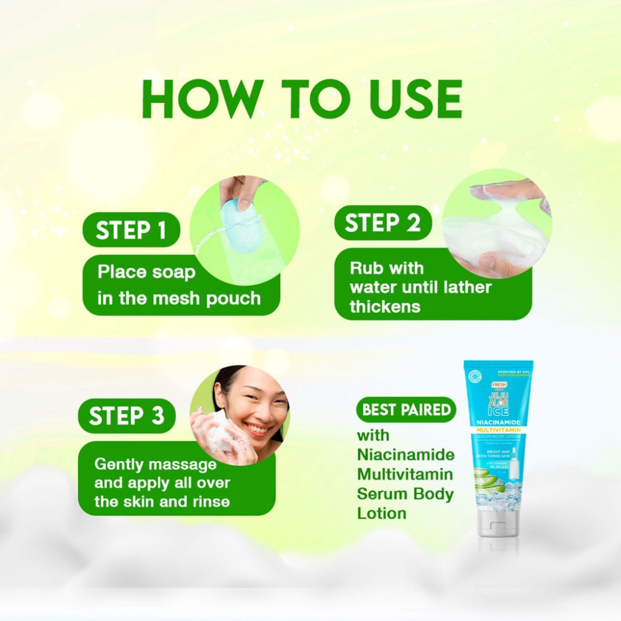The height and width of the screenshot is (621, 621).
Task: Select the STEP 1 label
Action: [131, 230]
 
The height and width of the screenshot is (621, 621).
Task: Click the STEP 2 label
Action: [383, 223]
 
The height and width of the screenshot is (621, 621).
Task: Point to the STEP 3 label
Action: [127, 416]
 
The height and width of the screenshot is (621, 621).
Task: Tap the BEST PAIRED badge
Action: [406, 410]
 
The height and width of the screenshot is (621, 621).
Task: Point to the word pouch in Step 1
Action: [233, 298]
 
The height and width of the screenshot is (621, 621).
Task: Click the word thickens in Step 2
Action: [385, 307]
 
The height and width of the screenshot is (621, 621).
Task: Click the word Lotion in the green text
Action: [382, 513]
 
